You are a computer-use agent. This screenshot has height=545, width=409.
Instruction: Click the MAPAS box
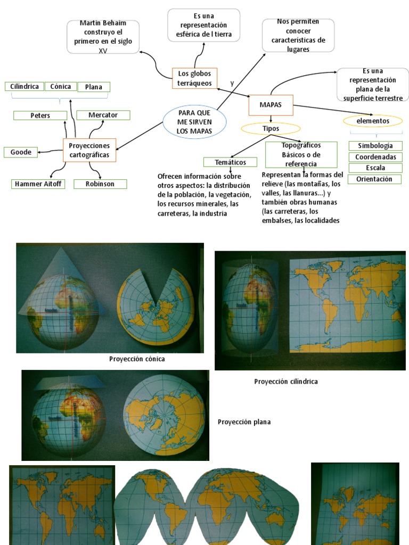pos(271,104)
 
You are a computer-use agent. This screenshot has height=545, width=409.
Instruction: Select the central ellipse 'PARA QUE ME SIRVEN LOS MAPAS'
pos(194,122)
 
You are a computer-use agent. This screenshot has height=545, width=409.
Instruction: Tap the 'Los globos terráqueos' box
pos(194,78)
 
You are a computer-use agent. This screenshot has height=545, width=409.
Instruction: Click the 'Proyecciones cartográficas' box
pos(89,150)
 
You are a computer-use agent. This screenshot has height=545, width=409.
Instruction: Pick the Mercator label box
pos(103,115)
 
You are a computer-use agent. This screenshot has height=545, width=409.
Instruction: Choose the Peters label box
pos(40,115)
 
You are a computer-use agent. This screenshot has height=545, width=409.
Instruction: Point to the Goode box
pos(21,152)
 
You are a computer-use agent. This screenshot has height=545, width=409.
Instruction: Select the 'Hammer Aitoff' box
pos(38,184)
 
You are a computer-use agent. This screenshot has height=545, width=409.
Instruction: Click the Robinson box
pos(100,184)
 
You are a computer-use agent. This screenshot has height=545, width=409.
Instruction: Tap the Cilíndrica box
pos(24,86)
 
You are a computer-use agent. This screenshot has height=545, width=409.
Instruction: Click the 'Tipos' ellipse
pos(271,128)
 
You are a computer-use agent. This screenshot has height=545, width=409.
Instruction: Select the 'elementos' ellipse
pos(373,121)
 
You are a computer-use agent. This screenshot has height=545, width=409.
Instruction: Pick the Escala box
pos(375,168)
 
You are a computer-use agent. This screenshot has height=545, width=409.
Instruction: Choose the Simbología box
pos(375,146)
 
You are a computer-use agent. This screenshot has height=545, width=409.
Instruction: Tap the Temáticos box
pos(230,162)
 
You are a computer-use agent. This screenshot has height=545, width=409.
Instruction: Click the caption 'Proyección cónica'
pos(137,359)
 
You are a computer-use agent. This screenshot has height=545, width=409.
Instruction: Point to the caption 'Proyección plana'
pos(244,422)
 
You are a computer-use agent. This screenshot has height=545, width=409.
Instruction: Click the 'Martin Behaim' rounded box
pos(103,37)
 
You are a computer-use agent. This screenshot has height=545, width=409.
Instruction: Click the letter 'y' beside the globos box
pos(232,84)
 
